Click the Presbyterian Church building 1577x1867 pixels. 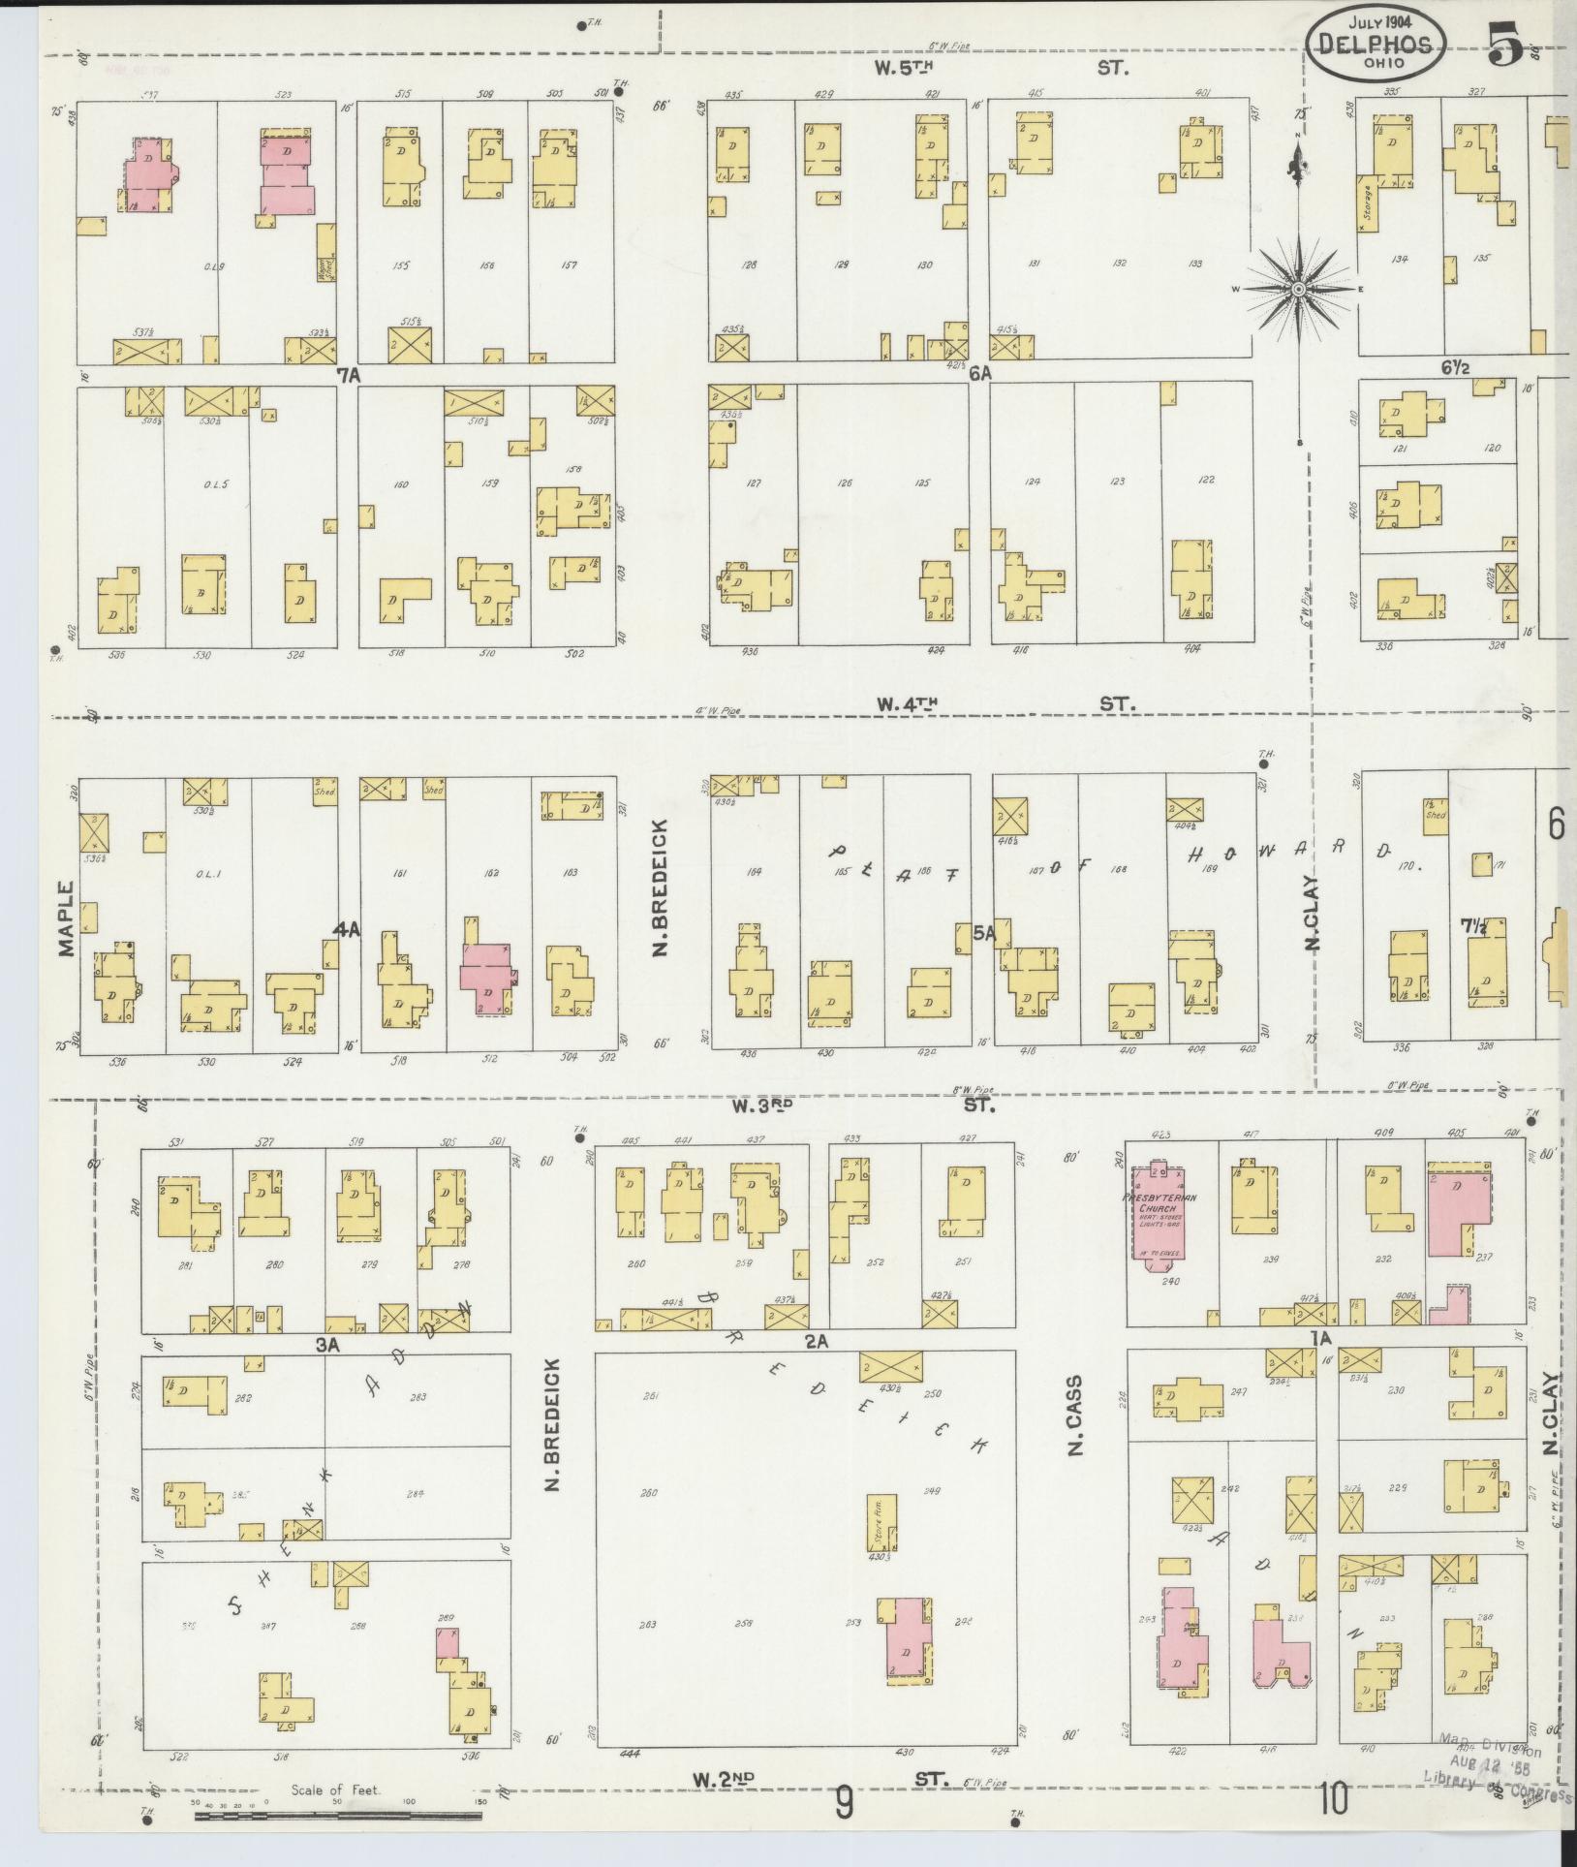tap(1159, 1212)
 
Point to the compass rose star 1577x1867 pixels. tap(1297, 289)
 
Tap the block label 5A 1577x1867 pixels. tap(984, 932)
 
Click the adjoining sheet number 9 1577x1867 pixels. tap(844, 1803)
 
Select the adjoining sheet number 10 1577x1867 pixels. tap(1332, 1799)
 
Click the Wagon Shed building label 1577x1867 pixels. tap(326, 266)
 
